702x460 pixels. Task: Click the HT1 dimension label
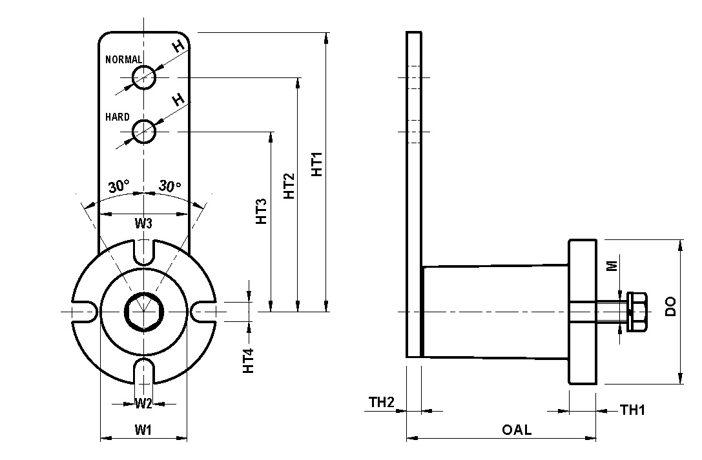(x=318, y=165)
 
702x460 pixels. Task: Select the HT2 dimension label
(x=289, y=186)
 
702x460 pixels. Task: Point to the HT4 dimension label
(x=248, y=361)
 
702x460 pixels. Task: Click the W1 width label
(x=143, y=429)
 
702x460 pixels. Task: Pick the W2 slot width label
(x=143, y=404)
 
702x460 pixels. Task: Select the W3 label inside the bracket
(x=143, y=224)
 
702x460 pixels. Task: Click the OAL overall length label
(x=517, y=430)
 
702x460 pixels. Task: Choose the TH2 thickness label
(x=381, y=403)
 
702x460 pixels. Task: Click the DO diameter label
(x=670, y=306)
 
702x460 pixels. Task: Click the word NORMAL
(x=123, y=59)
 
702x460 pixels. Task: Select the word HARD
(x=117, y=117)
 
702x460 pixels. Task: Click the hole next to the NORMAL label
(x=143, y=77)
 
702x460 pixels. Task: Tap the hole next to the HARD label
(x=143, y=132)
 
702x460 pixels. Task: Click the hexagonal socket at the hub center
(x=143, y=312)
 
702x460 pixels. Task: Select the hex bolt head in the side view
(x=636, y=312)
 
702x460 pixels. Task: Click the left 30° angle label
(x=119, y=187)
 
